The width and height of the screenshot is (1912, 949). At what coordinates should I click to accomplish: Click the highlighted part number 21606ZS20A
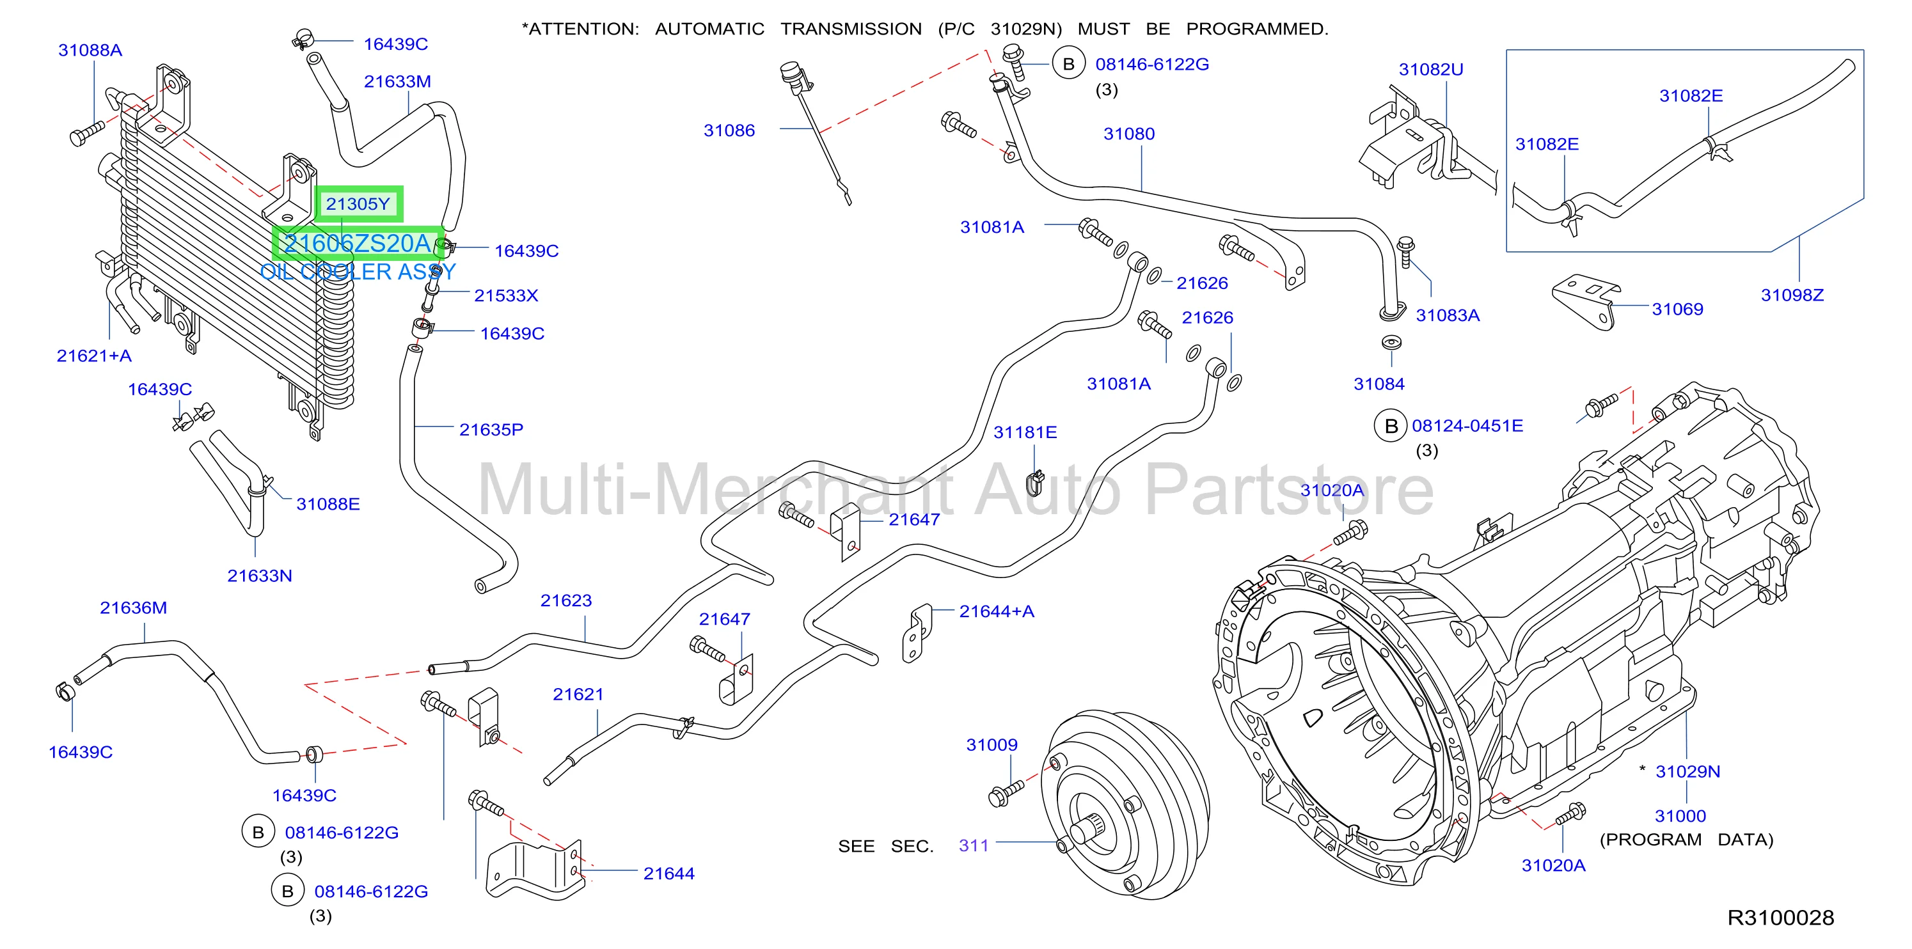click(x=358, y=244)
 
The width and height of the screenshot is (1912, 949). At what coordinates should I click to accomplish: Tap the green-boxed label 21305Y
click(x=358, y=204)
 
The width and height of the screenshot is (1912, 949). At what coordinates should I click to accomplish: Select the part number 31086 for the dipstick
click(x=729, y=130)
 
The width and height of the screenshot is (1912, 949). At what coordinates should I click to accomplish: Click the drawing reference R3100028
click(x=1781, y=918)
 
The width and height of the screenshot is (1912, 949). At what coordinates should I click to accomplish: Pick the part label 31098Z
click(x=1792, y=295)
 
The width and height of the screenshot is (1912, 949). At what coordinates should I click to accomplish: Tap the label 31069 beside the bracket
click(x=1677, y=310)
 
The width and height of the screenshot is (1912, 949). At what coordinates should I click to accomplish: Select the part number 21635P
click(x=491, y=430)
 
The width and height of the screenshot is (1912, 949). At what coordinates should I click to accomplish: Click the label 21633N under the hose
click(x=260, y=576)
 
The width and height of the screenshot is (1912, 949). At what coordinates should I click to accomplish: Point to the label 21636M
click(x=134, y=608)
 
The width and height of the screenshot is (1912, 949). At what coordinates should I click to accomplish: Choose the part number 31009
click(x=992, y=745)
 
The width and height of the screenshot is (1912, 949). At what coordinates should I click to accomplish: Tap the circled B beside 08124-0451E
click(x=1391, y=426)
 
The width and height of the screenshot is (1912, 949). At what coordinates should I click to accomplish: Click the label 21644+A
click(x=996, y=611)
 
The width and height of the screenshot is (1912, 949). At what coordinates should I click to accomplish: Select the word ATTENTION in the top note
click(x=583, y=29)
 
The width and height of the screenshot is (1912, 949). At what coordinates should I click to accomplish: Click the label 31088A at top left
click(x=91, y=51)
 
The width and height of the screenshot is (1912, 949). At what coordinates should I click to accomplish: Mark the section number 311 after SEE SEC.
click(x=974, y=846)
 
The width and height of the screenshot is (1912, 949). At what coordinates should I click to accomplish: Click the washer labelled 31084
click(x=1391, y=343)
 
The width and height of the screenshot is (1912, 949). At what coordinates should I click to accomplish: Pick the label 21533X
click(x=506, y=296)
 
